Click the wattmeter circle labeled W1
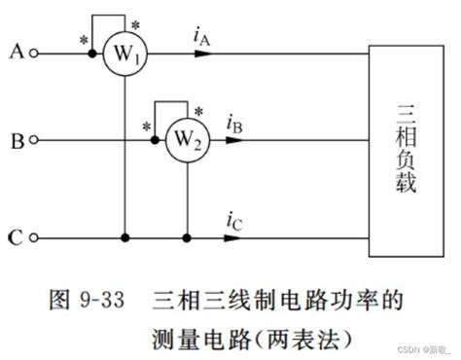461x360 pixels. (x=125, y=54)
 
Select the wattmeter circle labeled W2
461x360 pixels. (x=186, y=140)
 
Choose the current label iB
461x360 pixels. (x=235, y=124)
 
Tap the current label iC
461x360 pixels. (x=234, y=220)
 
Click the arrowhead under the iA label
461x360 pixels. (x=203, y=54)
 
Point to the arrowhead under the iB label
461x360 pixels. (x=234, y=140)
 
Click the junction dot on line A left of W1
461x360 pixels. (x=92, y=54)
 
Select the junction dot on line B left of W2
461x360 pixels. (x=154, y=140)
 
